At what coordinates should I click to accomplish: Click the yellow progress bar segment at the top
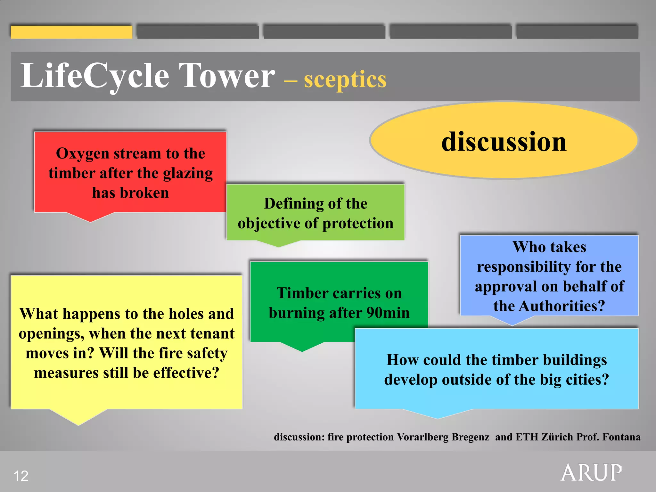pos(71,32)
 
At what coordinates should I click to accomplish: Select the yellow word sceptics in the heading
pos(345,79)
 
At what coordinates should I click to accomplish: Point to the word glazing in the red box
pos(188,174)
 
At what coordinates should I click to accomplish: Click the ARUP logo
pos(591,472)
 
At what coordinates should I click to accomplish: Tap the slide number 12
pos(21,476)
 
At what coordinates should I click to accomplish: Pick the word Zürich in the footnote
pos(557,437)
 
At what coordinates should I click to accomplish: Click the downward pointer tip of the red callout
pos(91,221)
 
